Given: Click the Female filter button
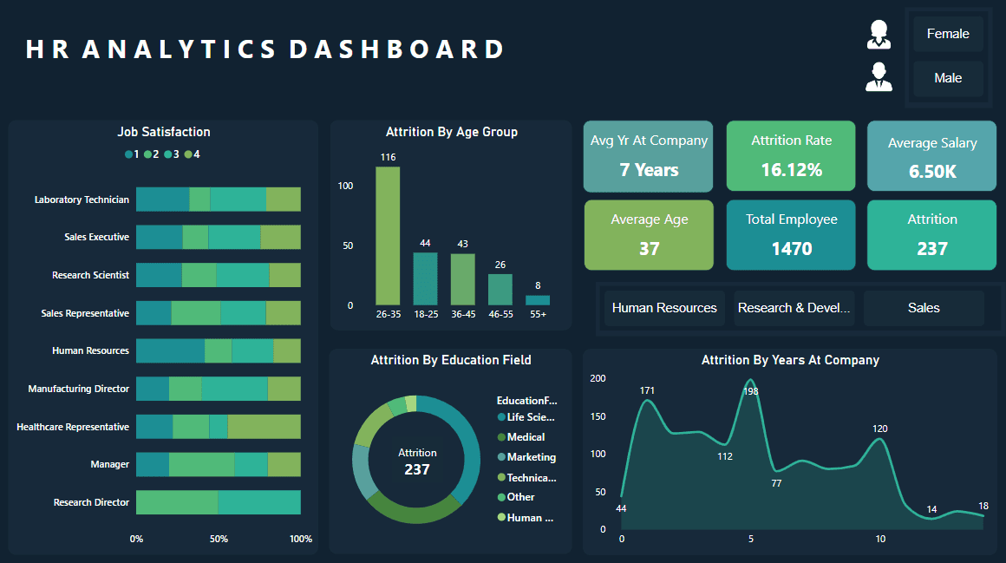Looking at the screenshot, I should click(x=948, y=34).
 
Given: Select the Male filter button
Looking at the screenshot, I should click(x=948, y=78).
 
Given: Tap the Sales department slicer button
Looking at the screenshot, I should click(x=924, y=308).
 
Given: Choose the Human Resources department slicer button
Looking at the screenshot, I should click(x=664, y=308).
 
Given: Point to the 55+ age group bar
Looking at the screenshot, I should click(x=538, y=300).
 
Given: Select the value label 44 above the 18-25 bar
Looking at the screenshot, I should click(x=425, y=243).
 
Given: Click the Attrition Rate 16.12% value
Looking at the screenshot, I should click(x=791, y=170).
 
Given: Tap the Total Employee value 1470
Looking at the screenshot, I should click(x=791, y=249).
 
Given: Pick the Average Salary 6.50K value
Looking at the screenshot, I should click(x=932, y=172).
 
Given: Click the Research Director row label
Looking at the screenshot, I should click(x=91, y=502).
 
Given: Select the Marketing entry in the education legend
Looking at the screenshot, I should click(x=531, y=457).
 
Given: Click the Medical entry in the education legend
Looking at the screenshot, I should click(x=526, y=437).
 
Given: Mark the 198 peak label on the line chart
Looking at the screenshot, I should click(x=751, y=391).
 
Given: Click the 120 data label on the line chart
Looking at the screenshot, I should click(x=880, y=429).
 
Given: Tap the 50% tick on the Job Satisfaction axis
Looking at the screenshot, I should click(x=219, y=539).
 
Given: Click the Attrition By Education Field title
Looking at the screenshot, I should click(x=451, y=360).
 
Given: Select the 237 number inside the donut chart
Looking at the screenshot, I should click(x=416, y=469).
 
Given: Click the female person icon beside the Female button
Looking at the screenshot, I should click(x=879, y=34).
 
